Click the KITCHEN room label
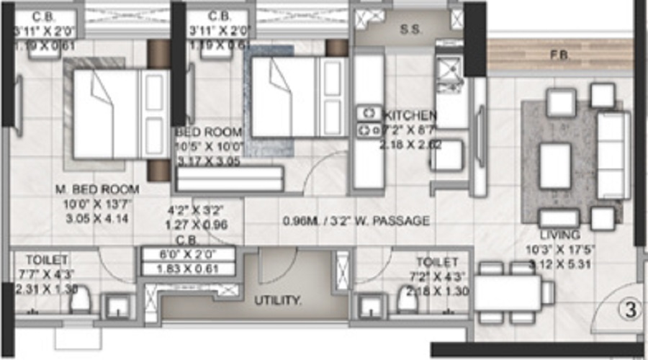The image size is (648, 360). click(410, 115)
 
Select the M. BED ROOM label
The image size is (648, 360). click(98, 189)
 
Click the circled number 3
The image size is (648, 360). click(630, 312)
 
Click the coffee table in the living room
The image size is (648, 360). click(555, 166)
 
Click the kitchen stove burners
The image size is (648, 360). click(369, 121)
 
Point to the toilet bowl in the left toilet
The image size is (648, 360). click(80, 301)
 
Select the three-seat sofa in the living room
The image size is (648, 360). click(613, 156)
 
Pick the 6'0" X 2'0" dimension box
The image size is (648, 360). click(189, 253)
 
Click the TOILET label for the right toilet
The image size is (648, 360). click(436, 262)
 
